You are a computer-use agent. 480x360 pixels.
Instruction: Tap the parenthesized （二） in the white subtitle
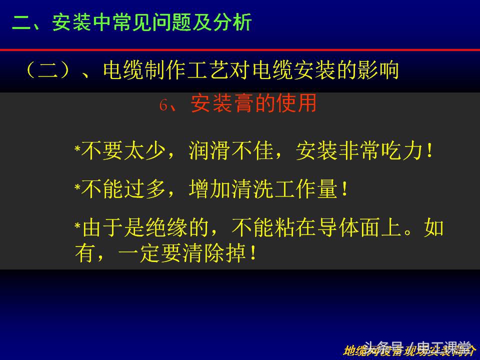pos(48,70)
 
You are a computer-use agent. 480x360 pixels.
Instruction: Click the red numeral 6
pos(163,105)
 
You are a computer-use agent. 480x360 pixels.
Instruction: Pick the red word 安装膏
pos(221,103)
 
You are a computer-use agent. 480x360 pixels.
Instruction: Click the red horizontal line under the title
pos(240,50)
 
